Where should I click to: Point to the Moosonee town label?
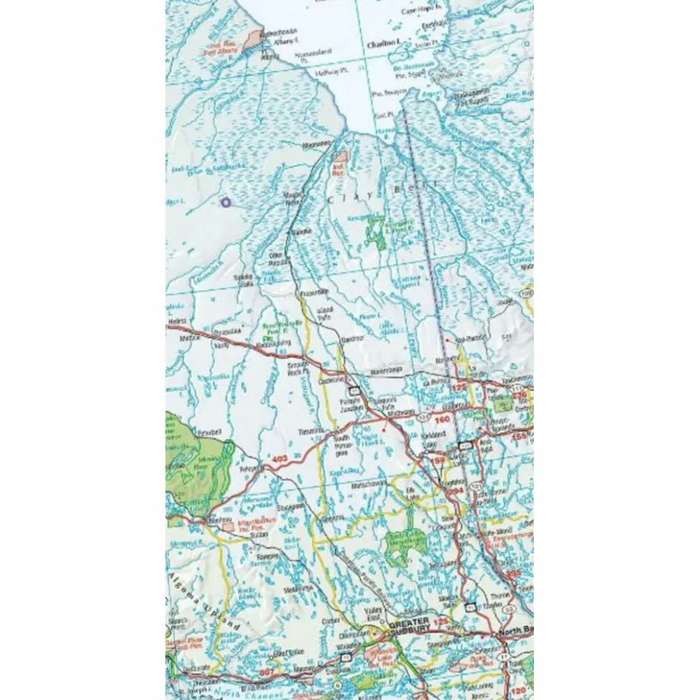coord(314,144)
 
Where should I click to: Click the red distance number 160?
coord(442,420)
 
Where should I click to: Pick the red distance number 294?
coord(457,491)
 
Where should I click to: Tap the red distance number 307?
coord(268,672)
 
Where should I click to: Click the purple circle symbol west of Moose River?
coord(226,202)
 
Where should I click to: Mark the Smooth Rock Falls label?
coord(298,369)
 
